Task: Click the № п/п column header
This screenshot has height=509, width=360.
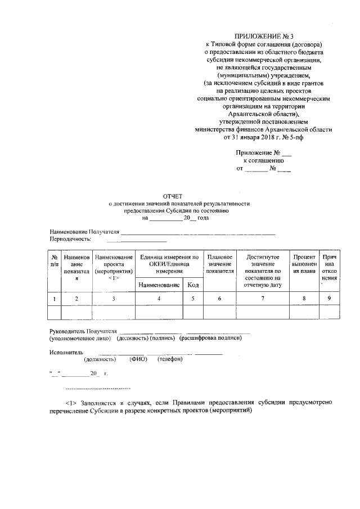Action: (54, 260)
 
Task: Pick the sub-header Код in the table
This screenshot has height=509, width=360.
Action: (192, 286)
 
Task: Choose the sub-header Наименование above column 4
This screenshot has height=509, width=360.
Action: (159, 286)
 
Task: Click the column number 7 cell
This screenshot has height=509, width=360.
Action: (263, 299)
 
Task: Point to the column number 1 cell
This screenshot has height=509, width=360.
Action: (54, 299)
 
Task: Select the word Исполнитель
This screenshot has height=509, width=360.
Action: (66, 353)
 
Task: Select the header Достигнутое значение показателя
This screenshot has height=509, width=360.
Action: (263, 268)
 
